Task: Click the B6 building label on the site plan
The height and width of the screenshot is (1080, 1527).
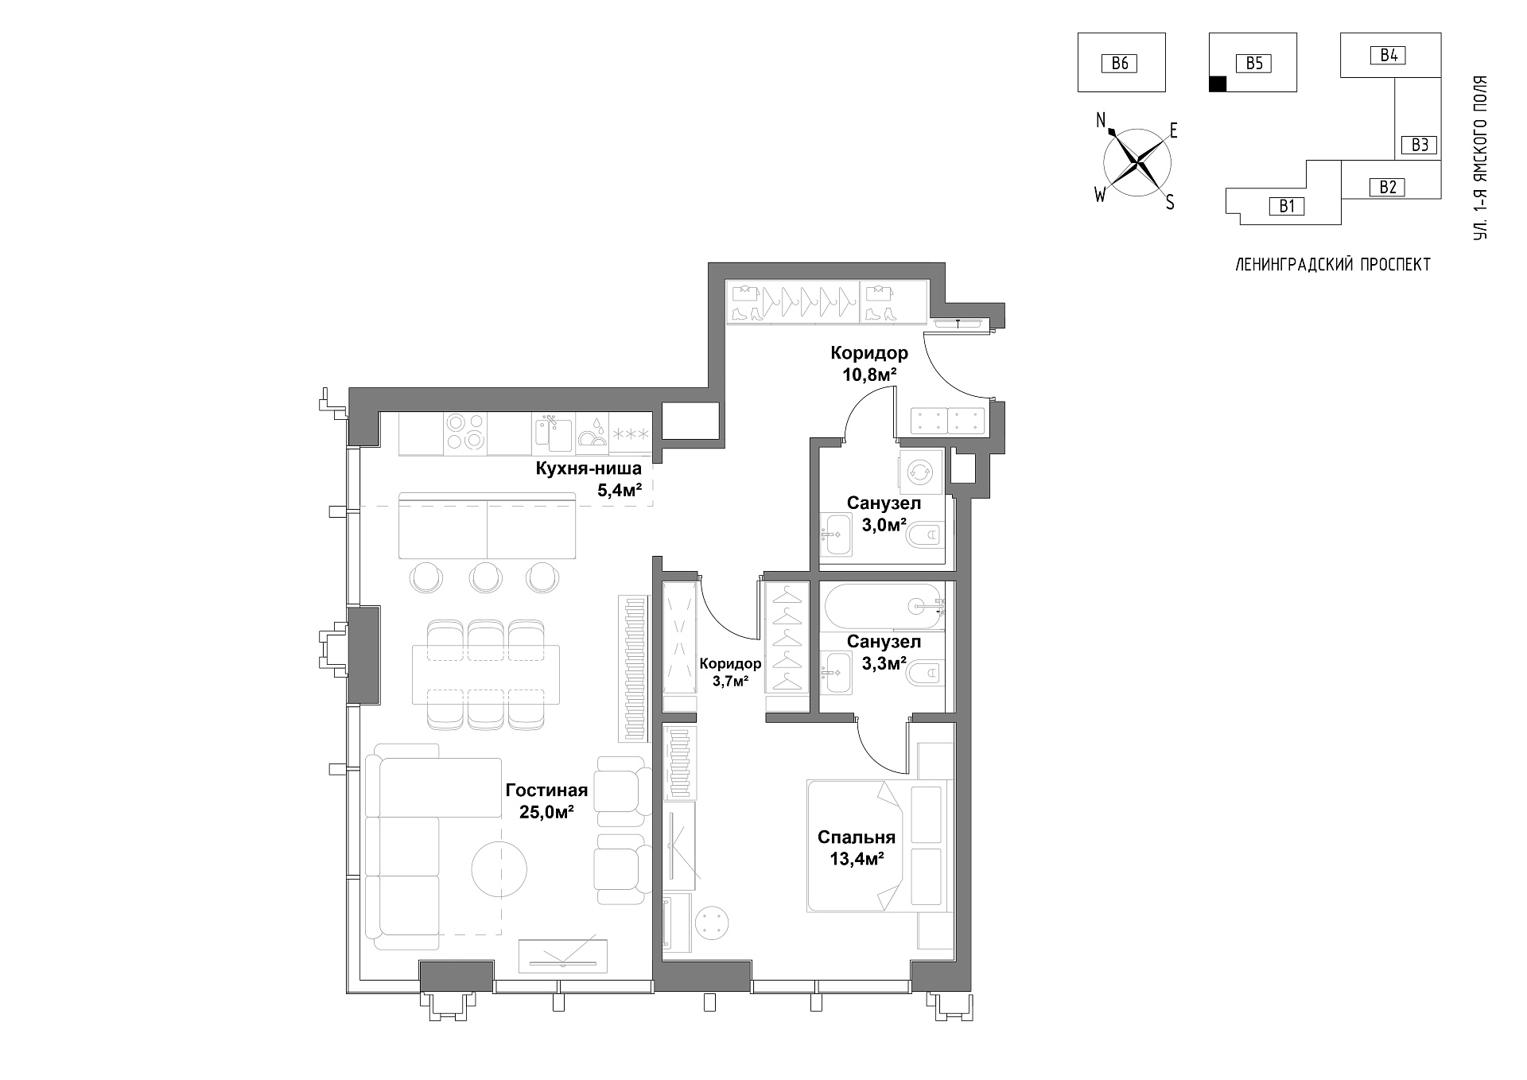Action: point(1120,63)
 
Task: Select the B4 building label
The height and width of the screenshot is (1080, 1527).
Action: point(1389,55)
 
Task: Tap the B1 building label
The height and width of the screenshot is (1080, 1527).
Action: point(1287,207)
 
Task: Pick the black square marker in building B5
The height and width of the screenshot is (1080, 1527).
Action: point(1217,84)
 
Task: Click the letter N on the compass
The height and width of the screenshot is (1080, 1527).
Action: point(1102,120)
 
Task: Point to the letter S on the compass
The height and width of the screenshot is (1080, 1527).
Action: point(1170,203)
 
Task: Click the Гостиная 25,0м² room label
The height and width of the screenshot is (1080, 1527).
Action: point(546,801)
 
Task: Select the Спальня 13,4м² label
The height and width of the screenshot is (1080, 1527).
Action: point(857,848)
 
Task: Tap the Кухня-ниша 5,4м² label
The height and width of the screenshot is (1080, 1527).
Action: point(589,479)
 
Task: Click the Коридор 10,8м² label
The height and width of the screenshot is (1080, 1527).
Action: point(869,363)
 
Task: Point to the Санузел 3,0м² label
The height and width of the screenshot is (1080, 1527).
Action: point(884,514)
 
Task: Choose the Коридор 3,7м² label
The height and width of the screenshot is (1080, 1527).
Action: point(730,671)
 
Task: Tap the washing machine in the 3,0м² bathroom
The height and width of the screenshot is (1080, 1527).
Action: point(921,471)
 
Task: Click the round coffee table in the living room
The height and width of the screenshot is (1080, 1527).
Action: point(499,869)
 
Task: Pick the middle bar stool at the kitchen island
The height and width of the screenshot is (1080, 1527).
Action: point(486,577)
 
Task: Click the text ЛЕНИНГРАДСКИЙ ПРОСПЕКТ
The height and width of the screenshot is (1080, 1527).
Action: point(1333,265)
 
